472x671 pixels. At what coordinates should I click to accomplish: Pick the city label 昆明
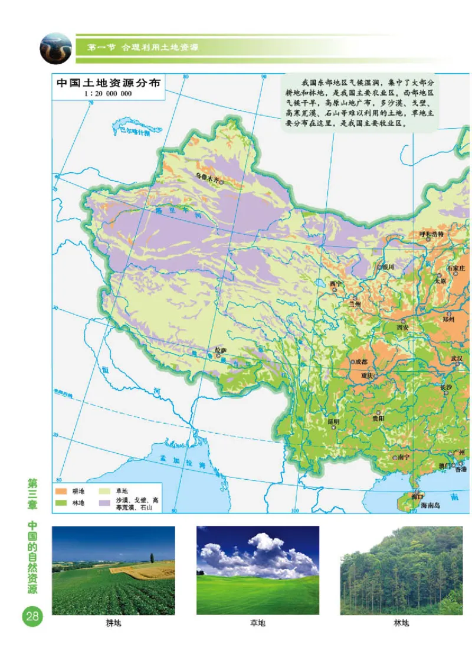333,421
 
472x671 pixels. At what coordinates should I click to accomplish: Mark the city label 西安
402,327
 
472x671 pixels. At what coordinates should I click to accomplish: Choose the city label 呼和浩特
435,234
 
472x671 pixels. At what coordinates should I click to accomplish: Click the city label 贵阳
378,418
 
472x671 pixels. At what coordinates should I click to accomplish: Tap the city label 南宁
404,457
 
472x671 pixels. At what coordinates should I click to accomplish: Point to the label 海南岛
431,506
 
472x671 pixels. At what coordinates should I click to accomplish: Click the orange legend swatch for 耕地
61,491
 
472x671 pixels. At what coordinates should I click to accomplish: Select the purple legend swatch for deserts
105,502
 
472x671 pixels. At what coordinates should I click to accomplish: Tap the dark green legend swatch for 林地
61,502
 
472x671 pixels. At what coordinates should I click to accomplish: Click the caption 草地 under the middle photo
258,623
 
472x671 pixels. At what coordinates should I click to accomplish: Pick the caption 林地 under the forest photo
401,623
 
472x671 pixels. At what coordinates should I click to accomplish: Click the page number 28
31,617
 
